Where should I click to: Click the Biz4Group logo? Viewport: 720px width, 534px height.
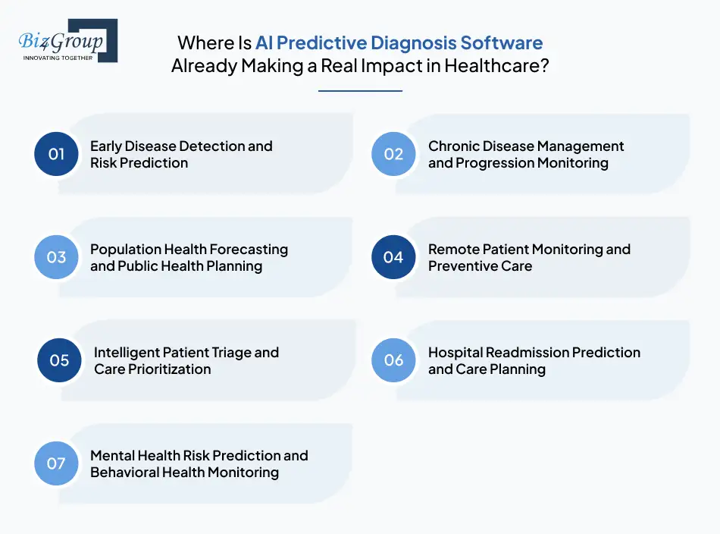click(67, 41)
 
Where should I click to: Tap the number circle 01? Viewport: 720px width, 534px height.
click(57, 154)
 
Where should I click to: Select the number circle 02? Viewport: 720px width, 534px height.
click(393, 154)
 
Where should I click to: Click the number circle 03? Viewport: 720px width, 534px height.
click(57, 257)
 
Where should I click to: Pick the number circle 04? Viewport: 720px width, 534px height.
click(393, 257)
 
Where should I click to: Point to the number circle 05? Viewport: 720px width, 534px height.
click(60, 360)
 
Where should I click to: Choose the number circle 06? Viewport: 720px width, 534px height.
click(393, 360)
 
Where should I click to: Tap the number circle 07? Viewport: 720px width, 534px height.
click(57, 463)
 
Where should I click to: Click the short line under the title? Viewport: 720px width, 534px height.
click(360, 91)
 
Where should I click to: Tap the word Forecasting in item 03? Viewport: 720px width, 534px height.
click(248, 250)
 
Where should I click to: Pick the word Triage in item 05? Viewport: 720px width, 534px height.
click(227, 353)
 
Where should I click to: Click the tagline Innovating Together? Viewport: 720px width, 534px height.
click(58, 58)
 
